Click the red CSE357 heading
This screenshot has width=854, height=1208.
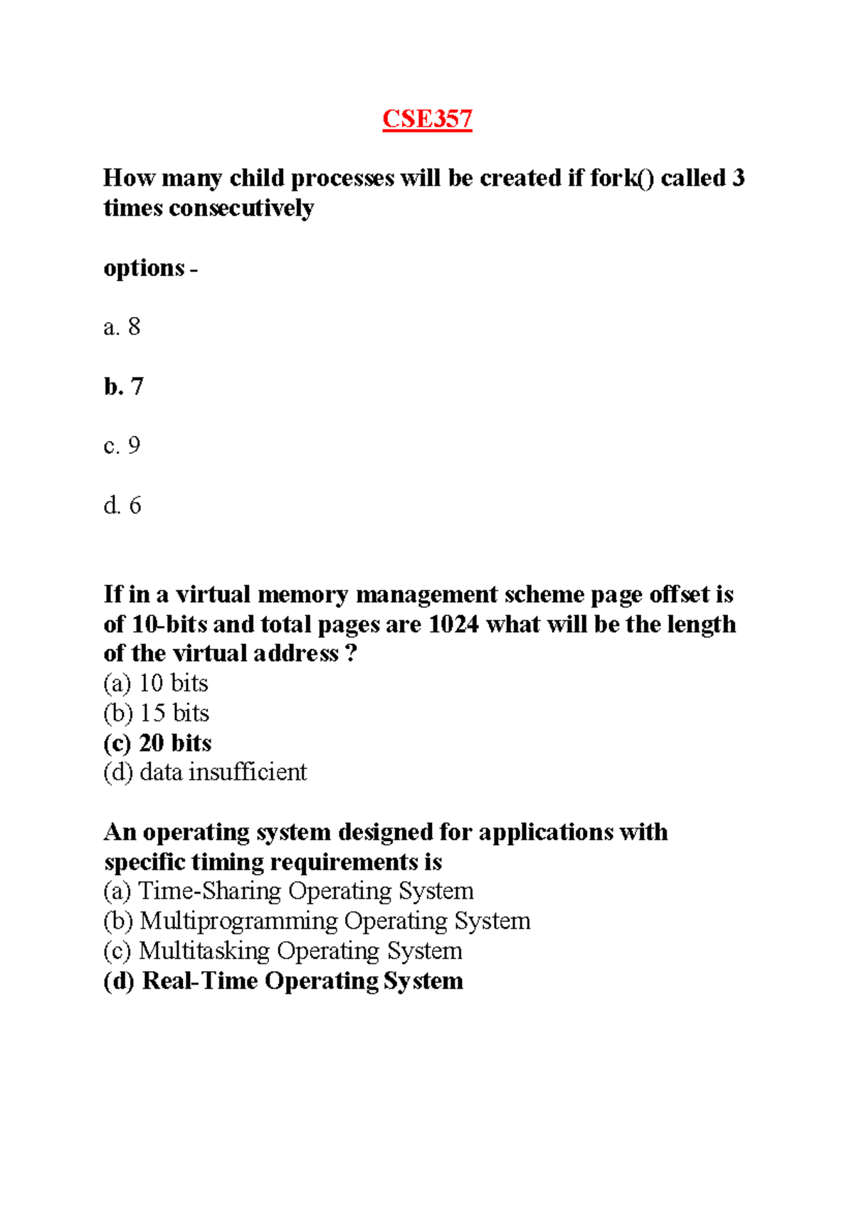click(x=427, y=119)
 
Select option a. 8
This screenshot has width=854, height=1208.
click(x=122, y=327)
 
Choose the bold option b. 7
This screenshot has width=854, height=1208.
click(x=123, y=386)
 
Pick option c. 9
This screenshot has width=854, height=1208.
click(x=122, y=446)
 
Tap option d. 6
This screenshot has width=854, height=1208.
click(x=122, y=506)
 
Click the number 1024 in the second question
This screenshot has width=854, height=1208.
click(x=453, y=625)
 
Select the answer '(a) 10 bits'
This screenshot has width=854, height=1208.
click(x=156, y=684)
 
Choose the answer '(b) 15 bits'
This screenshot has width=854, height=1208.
click(x=156, y=714)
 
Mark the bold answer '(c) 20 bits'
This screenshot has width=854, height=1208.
click(x=157, y=743)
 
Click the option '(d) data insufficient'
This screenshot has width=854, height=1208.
click(x=205, y=773)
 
